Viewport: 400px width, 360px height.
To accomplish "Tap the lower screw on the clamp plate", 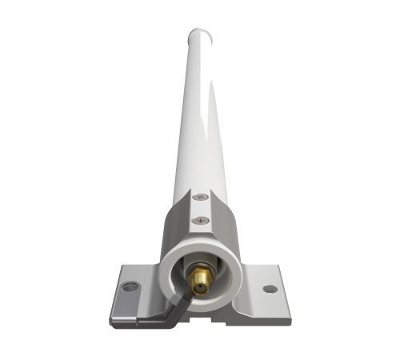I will pyautogui.click(x=201, y=217).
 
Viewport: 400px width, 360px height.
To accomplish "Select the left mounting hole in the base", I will pyautogui.click(x=130, y=285).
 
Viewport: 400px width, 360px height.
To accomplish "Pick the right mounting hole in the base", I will pyautogui.click(x=270, y=289).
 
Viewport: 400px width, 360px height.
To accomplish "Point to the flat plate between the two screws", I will pyautogui.click(x=201, y=207).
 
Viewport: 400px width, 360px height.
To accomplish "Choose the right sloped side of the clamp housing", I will pyautogui.click(x=231, y=232).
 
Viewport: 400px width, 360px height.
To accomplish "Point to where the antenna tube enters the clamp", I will pyautogui.click(x=200, y=186).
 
